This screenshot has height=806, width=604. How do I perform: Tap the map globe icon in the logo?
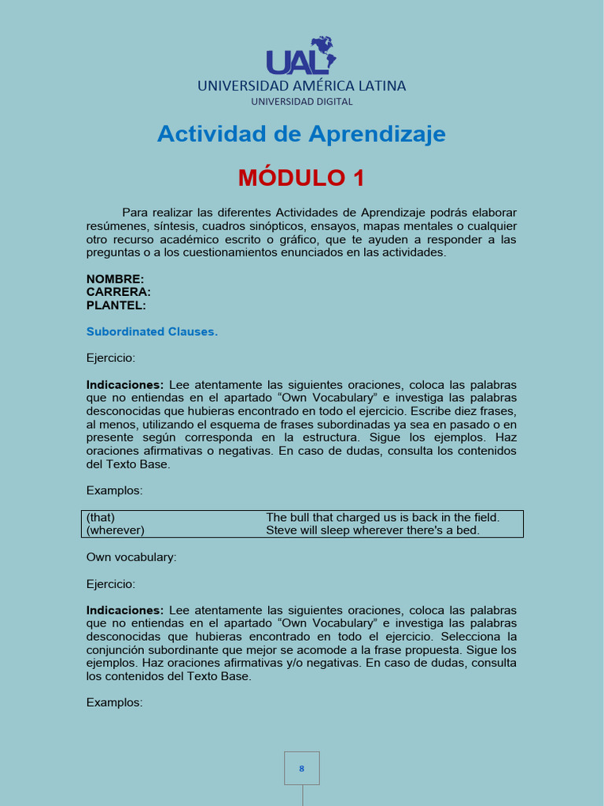click(322, 51)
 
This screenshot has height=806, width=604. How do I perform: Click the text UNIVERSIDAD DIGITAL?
click(302, 102)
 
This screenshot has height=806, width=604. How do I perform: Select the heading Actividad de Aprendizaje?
click(301, 134)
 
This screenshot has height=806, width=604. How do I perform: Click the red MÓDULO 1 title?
click(301, 178)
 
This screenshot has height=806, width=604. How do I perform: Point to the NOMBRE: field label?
click(115, 279)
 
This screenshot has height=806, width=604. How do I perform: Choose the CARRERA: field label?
click(118, 292)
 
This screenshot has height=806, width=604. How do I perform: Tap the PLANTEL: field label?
click(116, 305)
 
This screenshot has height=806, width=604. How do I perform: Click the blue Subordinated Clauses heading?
click(152, 331)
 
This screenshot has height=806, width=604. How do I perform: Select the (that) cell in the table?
click(101, 517)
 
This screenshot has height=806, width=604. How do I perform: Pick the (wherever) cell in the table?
click(115, 530)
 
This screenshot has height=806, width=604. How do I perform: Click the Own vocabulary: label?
click(131, 557)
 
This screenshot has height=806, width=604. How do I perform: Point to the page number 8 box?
click(302, 768)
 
